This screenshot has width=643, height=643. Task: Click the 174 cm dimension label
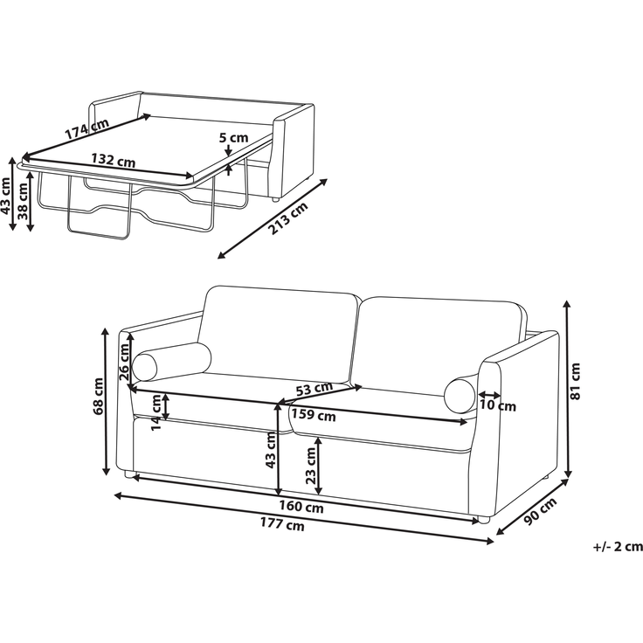[87, 128]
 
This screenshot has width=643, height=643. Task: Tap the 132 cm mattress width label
[114, 160]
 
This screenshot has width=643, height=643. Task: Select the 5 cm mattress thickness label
[234, 138]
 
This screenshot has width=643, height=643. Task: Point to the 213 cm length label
[288, 218]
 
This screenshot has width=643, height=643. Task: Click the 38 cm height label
[23, 201]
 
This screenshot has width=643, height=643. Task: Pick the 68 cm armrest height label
[99, 396]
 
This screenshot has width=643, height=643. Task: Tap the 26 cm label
[124, 362]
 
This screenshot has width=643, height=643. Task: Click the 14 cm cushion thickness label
[157, 412]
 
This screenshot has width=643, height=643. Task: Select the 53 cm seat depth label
[315, 389]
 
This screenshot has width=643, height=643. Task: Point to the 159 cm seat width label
[314, 415]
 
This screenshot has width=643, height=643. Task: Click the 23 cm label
[311, 466]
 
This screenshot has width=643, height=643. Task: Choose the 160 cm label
[301, 508]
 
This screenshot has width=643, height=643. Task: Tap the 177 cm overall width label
[282, 524]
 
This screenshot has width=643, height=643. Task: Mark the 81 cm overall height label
[576, 382]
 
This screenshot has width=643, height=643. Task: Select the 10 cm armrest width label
[497, 406]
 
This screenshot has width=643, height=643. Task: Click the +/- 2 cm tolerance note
[618, 547]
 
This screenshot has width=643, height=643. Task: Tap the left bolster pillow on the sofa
[171, 361]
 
